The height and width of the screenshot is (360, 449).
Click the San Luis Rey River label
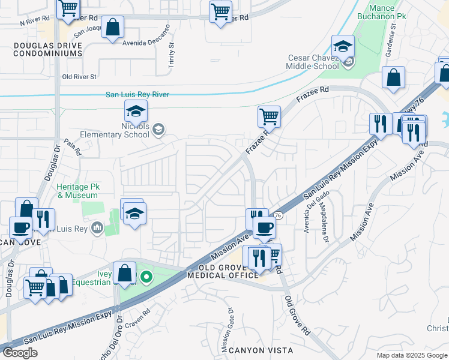point(137,94)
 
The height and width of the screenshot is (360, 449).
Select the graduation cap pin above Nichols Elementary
point(136,110)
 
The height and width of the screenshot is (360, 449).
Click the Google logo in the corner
point(20,353)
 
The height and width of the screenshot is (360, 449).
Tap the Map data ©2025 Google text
point(411,355)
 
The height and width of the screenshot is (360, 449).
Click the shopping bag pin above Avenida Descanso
point(113,28)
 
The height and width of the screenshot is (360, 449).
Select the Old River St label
point(79,77)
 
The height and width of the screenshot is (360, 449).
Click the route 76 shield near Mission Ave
point(278,215)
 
